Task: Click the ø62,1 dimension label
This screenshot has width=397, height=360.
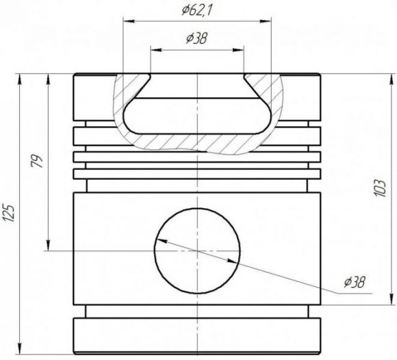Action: (196, 11)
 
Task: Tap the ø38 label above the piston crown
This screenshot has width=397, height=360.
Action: (196, 39)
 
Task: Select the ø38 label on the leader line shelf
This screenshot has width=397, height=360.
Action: (355, 282)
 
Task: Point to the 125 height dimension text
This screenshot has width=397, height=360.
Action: (9, 212)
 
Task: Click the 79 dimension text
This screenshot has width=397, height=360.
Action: (37, 161)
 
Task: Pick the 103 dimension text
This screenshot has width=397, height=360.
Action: (380, 188)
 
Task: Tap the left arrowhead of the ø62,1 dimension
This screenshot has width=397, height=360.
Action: (129, 21)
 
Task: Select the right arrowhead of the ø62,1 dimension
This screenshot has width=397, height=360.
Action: (266, 21)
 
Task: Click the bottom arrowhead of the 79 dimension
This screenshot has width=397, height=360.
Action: (48, 245)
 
